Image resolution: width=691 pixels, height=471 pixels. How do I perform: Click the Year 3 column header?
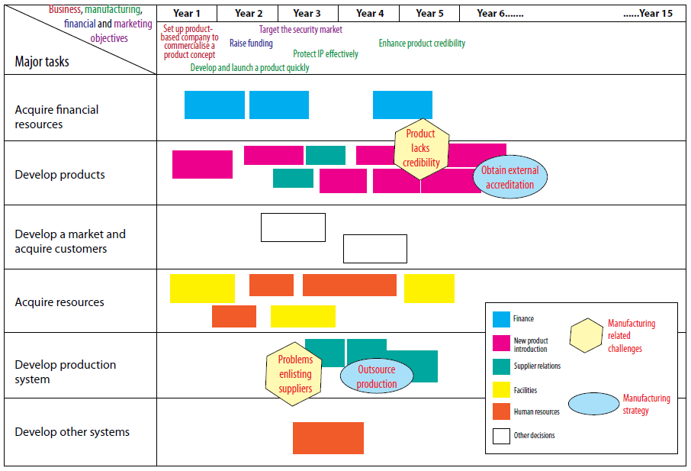307,14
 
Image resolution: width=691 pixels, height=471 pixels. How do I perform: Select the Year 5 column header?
430,14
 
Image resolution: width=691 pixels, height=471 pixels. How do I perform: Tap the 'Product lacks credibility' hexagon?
420,148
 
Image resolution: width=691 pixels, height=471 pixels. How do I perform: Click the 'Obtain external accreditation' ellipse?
509,178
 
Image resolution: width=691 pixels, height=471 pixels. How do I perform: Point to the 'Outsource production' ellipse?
377,376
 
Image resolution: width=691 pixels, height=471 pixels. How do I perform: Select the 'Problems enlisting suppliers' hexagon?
295,374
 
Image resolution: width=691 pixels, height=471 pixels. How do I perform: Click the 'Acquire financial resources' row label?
56,117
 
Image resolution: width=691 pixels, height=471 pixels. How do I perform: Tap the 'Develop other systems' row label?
72,432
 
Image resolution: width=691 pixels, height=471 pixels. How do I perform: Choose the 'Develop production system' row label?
66,372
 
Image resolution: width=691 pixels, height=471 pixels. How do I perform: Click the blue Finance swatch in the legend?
502,319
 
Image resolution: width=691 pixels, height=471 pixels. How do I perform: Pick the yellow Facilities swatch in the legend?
502,390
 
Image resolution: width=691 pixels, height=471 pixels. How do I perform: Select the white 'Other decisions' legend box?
502,436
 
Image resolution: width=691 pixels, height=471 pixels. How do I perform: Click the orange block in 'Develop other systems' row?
328,438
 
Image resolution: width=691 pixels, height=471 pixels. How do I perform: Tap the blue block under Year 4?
403,105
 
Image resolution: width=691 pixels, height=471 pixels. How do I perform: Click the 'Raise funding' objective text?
251,44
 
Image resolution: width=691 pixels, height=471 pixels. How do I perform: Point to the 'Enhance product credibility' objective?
422,44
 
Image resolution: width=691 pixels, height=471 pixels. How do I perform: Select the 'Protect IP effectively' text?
326,54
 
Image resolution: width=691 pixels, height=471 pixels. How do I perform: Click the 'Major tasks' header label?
42,62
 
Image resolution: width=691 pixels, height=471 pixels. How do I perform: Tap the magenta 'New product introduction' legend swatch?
502,343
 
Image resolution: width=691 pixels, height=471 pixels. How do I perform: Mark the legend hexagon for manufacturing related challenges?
586,336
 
